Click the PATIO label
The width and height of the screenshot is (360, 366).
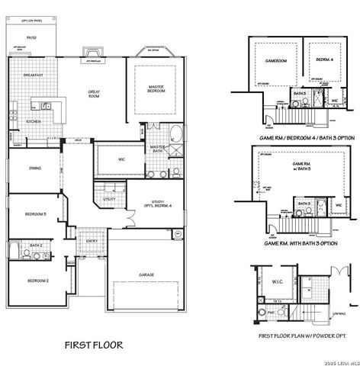click(x=32, y=37)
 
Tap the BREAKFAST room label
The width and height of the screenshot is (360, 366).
click(x=32, y=75)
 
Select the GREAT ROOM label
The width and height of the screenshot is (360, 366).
click(x=93, y=94)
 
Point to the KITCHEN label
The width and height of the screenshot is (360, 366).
click(x=34, y=121)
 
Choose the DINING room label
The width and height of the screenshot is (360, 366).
click(x=34, y=168)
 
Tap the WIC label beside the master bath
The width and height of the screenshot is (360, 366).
click(x=122, y=159)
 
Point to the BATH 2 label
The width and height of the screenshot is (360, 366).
click(x=35, y=245)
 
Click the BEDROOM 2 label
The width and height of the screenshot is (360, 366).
click(x=38, y=281)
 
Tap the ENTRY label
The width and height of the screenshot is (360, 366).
click(x=92, y=242)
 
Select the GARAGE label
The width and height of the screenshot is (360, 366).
click(x=146, y=274)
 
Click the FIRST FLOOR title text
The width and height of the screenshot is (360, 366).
click(x=94, y=345)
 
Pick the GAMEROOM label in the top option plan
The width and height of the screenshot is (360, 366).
click(x=275, y=59)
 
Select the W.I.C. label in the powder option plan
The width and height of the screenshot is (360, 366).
click(x=277, y=281)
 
